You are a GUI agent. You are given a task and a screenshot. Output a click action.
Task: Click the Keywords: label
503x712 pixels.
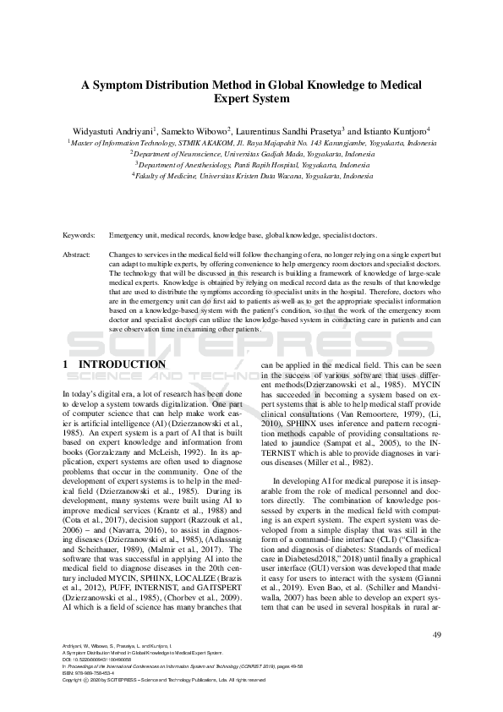point(80,235)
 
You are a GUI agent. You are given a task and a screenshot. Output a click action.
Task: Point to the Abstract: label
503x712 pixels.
point(79,254)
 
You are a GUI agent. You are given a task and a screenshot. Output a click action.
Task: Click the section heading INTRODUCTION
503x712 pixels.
point(122,364)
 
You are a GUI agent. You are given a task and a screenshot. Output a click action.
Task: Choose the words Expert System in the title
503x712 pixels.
point(251,99)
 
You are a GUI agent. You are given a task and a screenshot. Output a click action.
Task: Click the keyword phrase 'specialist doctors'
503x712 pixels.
point(347,235)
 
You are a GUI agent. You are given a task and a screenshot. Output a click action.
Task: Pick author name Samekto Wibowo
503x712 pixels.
point(197,132)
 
